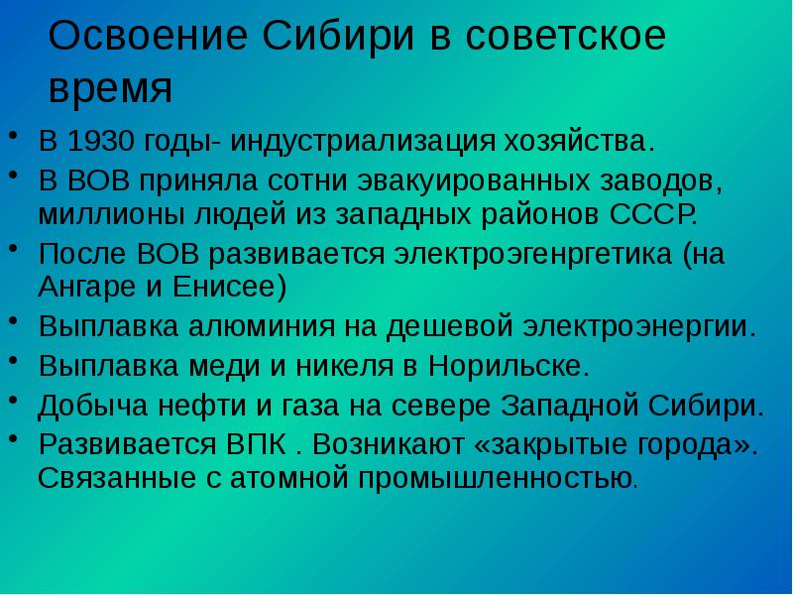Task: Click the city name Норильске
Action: click(510, 366)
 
